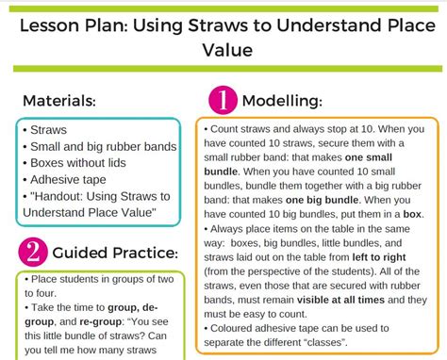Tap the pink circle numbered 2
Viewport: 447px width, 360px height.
(x=31, y=252)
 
